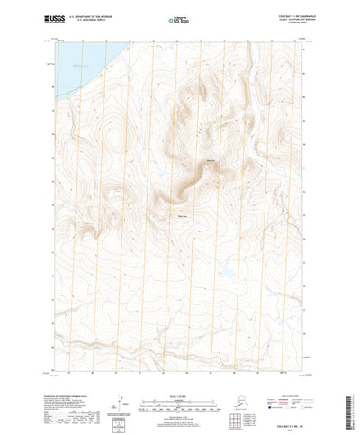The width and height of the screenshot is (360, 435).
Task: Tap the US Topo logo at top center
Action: tap(179, 19)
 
